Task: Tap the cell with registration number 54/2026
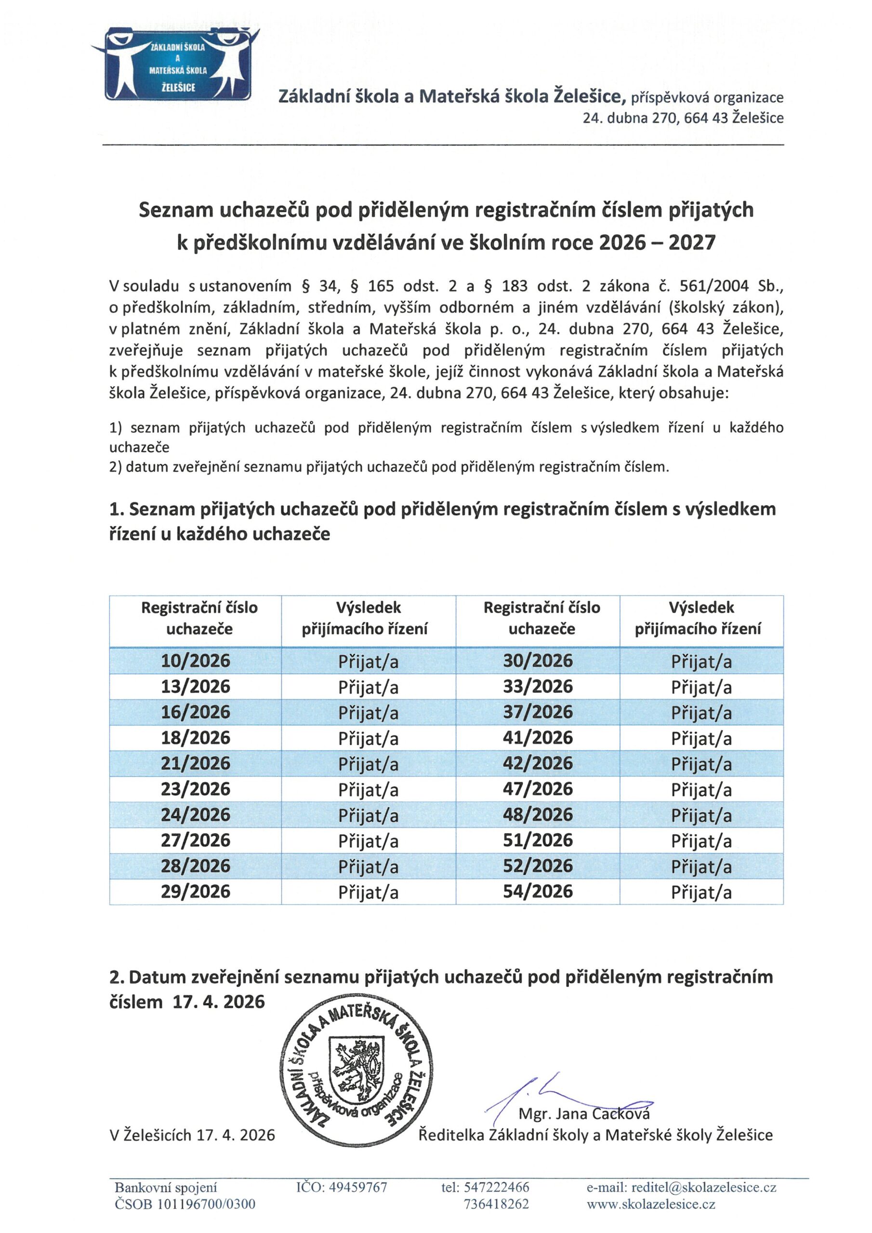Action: point(538,892)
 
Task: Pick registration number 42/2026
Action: point(538,763)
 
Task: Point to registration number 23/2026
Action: point(196,789)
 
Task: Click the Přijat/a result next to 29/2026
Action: point(369,892)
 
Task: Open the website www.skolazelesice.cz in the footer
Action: point(651,1204)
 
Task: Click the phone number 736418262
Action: point(496,1204)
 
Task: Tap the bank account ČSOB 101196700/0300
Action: point(185,1204)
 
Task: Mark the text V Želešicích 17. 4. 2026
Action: point(192,1135)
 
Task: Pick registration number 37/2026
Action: point(538,712)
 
